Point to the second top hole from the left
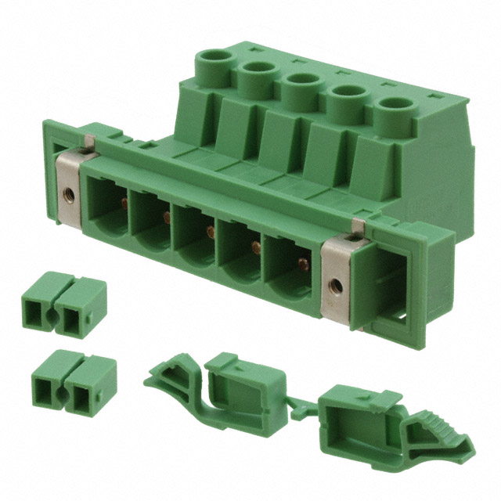257,72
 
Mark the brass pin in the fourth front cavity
256,249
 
